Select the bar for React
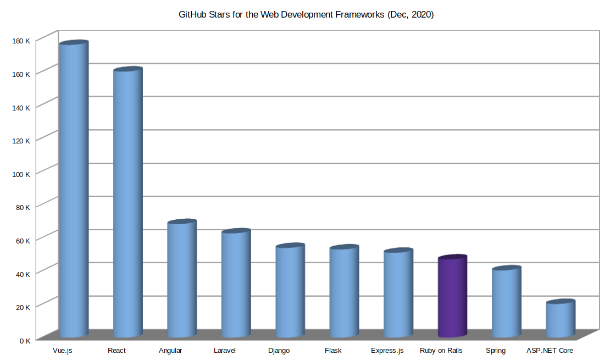pyautogui.click(x=127, y=203)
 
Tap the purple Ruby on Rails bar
pyautogui.click(x=452, y=297)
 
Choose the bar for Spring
pyautogui.click(x=506, y=302)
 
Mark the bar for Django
pyautogui.click(x=290, y=291)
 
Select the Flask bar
pyautogui.click(x=344, y=292)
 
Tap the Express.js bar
pyautogui.click(x=398, y=294)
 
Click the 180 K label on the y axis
pyautogui.click(x=21, y=40)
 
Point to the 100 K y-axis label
pyautogui.click(x=21, y=174)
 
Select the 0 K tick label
pyautogui.click(x=25, y=340)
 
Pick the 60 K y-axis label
pyautogui.click(x=23, y=240)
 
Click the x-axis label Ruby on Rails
pyautogui.click(x=441, y=351)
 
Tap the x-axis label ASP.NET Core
pyautogui.click(x=550, y=351)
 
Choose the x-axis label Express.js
pyautogui.click(x=387, y=351)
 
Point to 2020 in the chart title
pyautogui.click(x=422, y=15)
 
